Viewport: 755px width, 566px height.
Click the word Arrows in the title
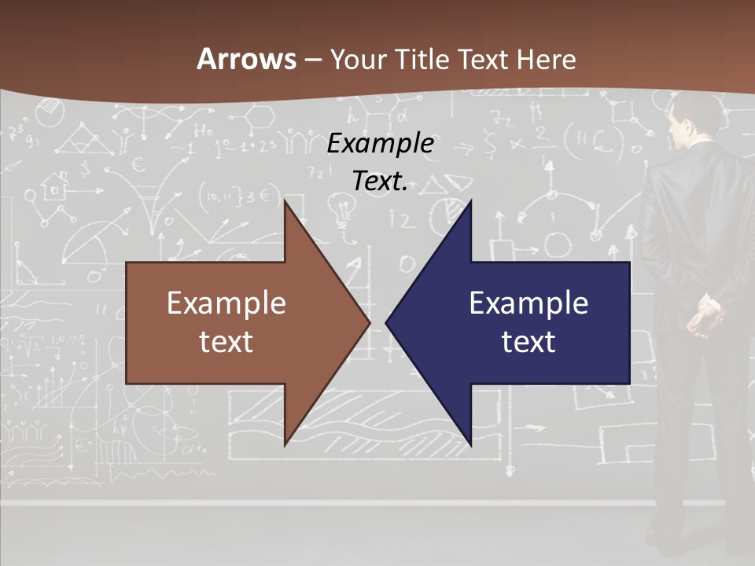click(247, 60)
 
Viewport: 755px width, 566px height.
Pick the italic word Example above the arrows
click(381, 144)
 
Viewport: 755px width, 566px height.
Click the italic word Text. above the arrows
click(381, 182)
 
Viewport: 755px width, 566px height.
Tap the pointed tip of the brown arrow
click(369, 323)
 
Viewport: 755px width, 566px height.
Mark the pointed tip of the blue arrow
click(387, 323)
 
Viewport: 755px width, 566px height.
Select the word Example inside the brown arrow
click(226, 303)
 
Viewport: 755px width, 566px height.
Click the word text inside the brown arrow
click(226, 341)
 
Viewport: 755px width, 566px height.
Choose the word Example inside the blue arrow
click(528, 303)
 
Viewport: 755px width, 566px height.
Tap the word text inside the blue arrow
click(528, 341)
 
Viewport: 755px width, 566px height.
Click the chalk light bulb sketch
click(344, 211)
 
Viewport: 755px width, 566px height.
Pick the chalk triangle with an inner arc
click(75, 142)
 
